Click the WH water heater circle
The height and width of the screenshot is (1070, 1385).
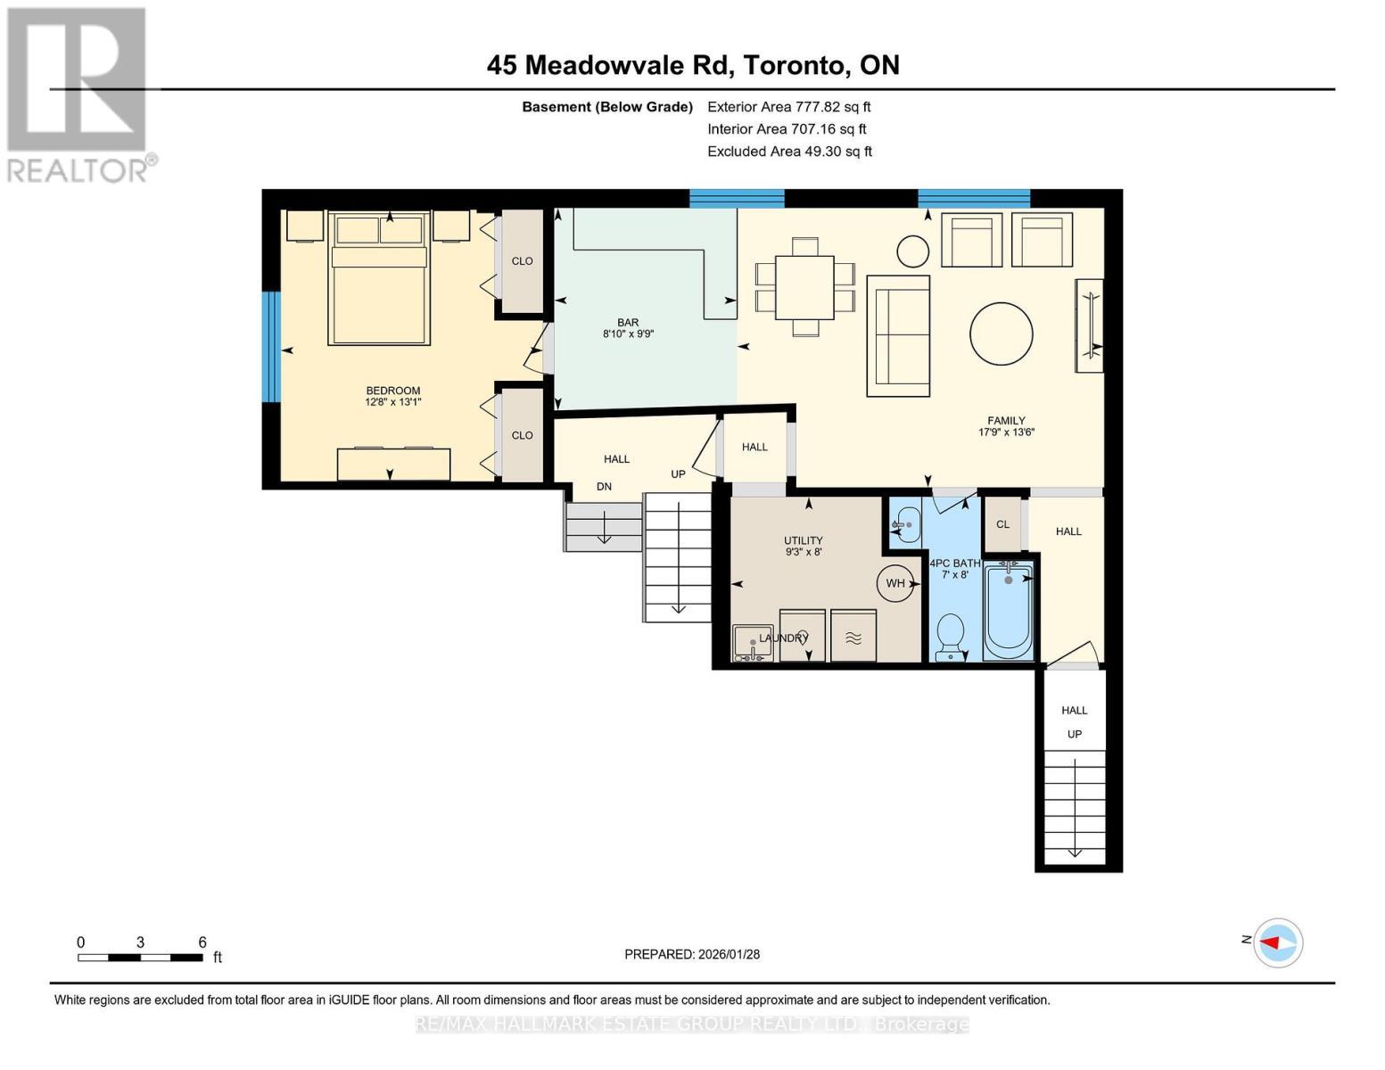pyautogui.click(x=895, y=583)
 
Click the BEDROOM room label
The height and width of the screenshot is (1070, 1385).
pyautogui.click(x=392, y=396)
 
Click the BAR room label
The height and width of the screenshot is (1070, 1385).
pyautogui.click(x=628, y=328)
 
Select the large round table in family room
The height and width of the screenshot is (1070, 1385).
pyautogui.click(x=1001, y=334)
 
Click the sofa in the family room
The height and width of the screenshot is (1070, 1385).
pyautogui.click(x=898, y=335)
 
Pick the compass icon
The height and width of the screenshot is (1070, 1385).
pyautogui.click(x=1279, y=942)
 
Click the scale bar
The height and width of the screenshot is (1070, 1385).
pyautogui.click(x=140, y=957)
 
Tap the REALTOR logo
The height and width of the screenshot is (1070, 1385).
pyautogui.click(x=78, y=94)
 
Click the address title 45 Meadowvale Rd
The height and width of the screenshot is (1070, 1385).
pyautogui.click(x=692, y=65)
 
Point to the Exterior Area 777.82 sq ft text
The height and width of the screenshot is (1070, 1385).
pyautogui.click(x=788, y=106)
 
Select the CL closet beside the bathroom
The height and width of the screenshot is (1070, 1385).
pyautogui.click(x=1002, y=524)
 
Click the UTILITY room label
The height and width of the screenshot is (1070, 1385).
pyautogui.click(x=803, y=546)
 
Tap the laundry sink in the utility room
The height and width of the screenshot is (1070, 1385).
pyautogui.click(x=752, y=643)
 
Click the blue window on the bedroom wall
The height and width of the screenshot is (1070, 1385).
pyautogui.click(x=271, y=347)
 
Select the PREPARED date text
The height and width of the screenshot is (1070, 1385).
pyautogui.click(x=692, y=954)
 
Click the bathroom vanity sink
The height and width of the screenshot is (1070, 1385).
pyautogui.click(x=905, y=525)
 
